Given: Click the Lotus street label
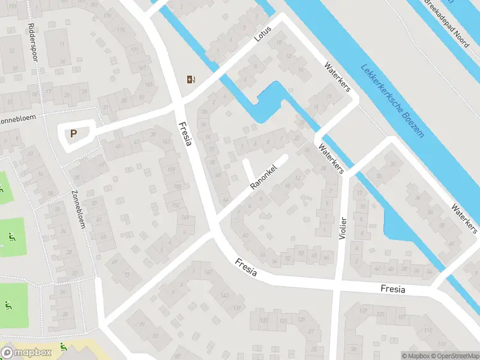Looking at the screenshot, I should click(x=263, y=34).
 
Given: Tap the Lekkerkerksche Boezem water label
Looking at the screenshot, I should click(x=392, y=100).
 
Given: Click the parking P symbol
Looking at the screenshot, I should click(x=74, y=134).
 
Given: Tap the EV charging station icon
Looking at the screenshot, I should click(x=191, y=79).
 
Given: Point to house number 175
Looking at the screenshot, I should click(x=122, y=30).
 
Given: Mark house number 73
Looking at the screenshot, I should click(x=127, y=274).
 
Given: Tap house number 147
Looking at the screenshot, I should click(x=208, y=271).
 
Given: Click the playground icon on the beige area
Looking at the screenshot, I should click(x=64, y=346).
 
